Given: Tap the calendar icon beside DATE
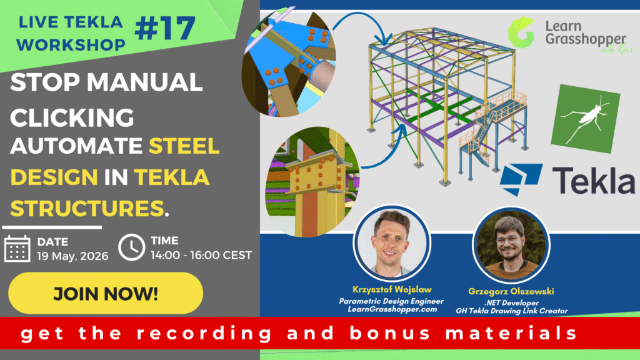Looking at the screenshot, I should click(17, 247).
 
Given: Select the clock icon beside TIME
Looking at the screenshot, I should click(131, 247).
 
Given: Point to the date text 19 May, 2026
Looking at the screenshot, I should click(72, 255).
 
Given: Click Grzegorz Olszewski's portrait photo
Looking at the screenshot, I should click(510, 244).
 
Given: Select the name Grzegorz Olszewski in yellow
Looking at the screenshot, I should click(510, 291).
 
